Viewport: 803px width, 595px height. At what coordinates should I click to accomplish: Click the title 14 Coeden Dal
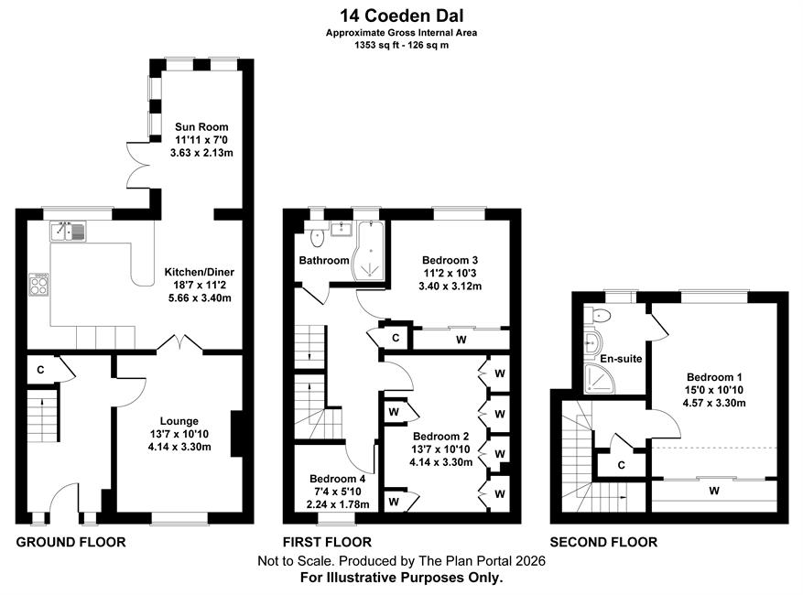pos(402,16)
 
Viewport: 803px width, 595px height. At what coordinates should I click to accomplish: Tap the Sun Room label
pos(201,127)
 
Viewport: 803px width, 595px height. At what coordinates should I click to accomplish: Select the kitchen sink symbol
pos(68,231)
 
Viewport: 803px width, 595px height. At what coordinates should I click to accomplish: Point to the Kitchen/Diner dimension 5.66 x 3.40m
pos(200,298)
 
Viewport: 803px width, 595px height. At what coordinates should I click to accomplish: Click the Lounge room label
pos(179,421)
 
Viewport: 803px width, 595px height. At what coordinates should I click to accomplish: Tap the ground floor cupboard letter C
pos(41,370)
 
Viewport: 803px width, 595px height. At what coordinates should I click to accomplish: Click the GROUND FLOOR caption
pos(71,542)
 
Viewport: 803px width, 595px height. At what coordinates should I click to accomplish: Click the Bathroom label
pos(323,260)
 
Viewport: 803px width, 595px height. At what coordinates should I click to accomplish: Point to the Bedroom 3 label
pos(450,260)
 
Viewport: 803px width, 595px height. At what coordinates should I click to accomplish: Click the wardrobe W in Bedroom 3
pos(461,340)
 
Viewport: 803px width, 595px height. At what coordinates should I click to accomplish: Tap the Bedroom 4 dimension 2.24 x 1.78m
pos(338,504)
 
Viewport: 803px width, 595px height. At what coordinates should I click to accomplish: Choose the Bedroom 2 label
pos(441,437)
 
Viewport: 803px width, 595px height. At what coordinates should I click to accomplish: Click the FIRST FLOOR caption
pos(327,542)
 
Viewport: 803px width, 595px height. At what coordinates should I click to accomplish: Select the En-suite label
pos(621,359)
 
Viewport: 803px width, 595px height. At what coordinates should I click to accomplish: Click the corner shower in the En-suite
pos(599,379)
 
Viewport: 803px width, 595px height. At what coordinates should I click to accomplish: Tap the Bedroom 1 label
pos(714,377)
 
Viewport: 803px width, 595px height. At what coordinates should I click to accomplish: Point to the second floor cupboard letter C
pos(621,465)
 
